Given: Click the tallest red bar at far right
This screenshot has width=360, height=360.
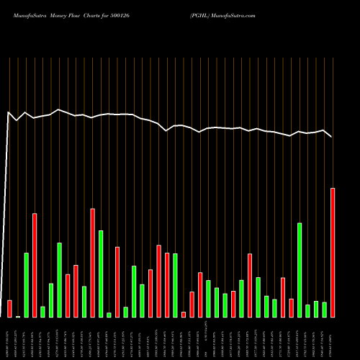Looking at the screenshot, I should pos(333,252).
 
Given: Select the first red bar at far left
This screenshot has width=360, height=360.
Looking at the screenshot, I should pos(9,308).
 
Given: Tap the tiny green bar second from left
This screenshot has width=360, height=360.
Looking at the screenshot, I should pos(18,316).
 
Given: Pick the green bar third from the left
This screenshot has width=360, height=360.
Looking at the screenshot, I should pos(26,284).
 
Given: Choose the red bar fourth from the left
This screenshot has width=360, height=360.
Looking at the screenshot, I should pos(35,265).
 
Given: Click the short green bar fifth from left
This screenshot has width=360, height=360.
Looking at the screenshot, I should pos(42,311).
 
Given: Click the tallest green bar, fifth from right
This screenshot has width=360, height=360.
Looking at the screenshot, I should pos(300,270).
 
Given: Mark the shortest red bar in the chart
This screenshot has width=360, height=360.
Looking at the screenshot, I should pos(184,314).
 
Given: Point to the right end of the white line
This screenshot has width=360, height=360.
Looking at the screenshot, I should pos(332,137).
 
